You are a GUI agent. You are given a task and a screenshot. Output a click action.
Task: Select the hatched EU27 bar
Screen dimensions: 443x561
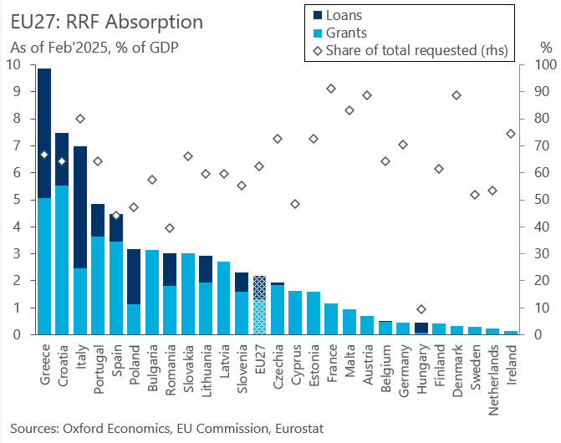260,305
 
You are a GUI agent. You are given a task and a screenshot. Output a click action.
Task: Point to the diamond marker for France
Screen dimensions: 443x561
331,89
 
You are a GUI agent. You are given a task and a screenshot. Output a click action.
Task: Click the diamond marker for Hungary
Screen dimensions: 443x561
421,309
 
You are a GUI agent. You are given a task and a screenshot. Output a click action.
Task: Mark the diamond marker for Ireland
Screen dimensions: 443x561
511,134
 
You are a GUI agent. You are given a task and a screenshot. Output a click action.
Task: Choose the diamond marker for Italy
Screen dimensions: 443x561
80,119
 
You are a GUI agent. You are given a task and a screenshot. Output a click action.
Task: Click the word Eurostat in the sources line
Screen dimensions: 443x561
296,429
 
